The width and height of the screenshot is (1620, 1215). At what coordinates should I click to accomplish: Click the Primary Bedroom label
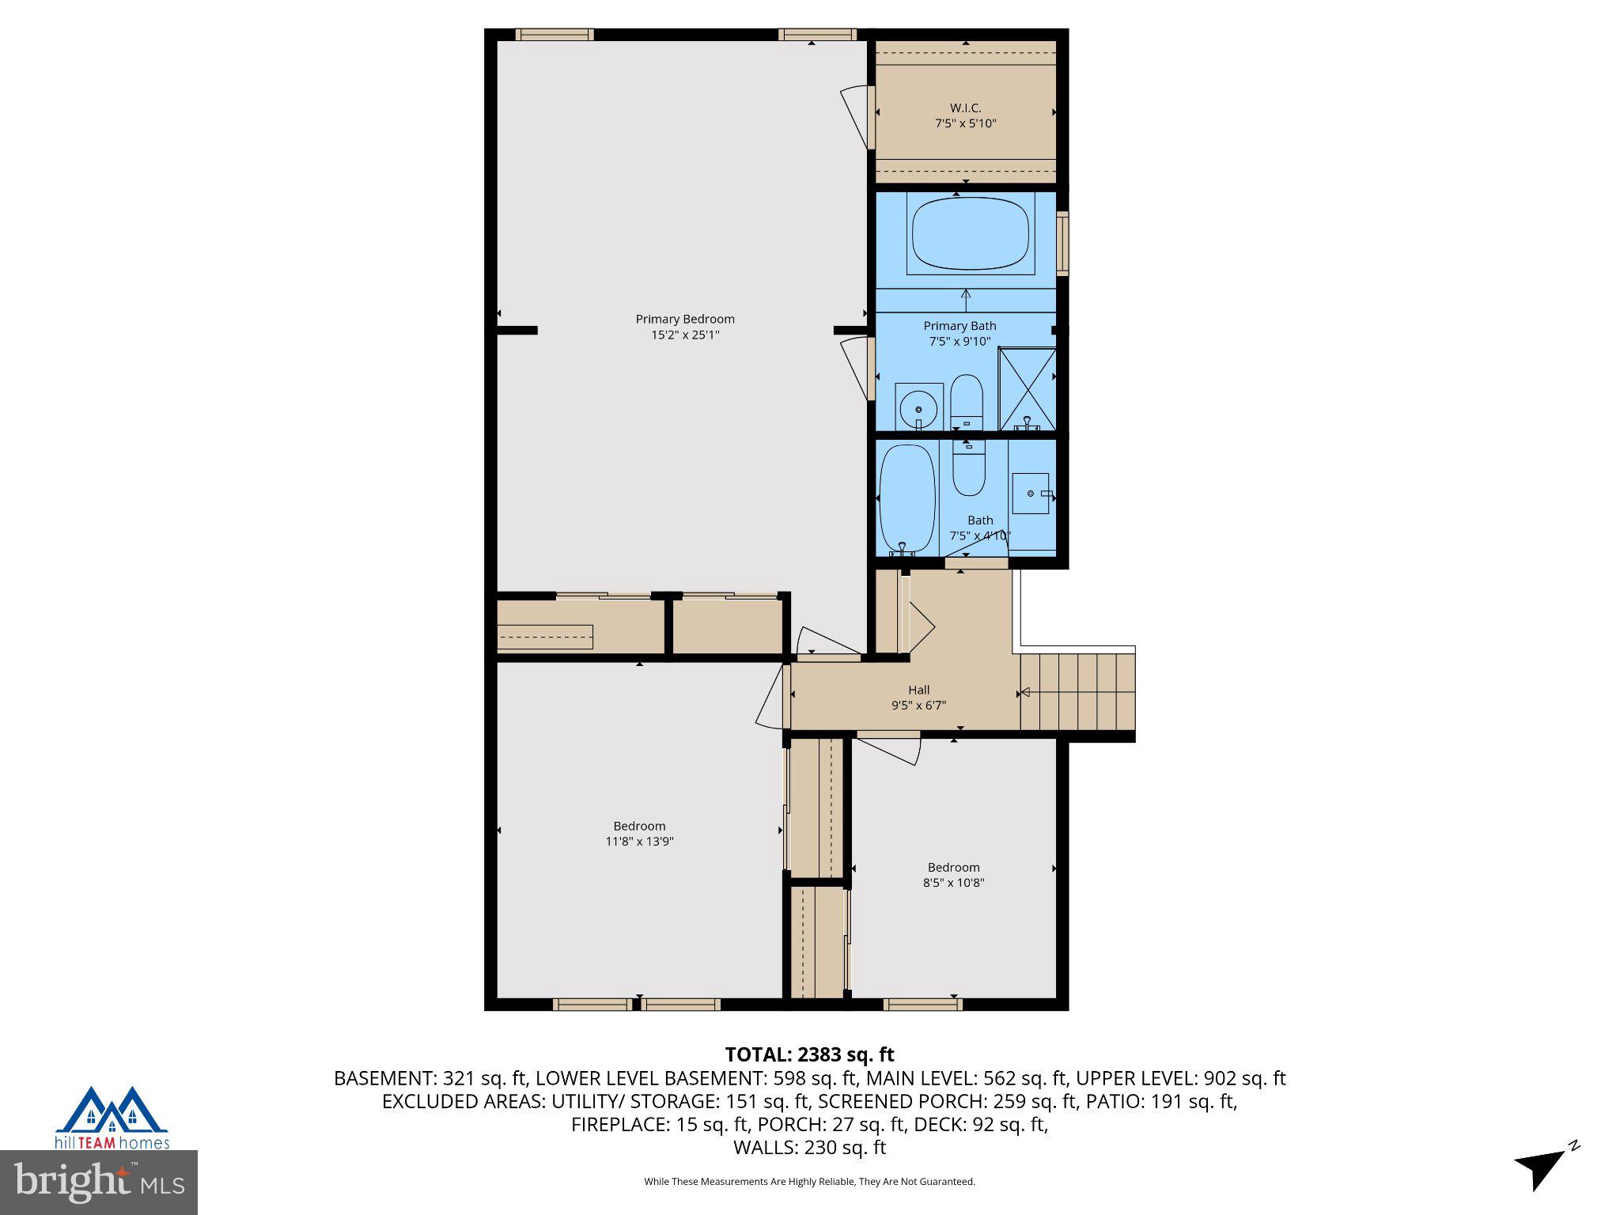pos(684,319)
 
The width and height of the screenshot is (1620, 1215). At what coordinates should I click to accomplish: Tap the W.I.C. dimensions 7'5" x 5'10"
pos(965,123)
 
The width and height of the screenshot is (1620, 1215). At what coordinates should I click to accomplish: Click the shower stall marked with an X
pos(1027,388)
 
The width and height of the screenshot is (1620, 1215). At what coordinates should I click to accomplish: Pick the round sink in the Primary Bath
pos(918,407)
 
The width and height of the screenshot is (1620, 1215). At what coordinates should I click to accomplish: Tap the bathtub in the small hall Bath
pos(907,498)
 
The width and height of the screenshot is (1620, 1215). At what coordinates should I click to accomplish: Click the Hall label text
pos(918,690)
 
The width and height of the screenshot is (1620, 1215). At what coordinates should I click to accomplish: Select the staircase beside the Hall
pos(1077,691)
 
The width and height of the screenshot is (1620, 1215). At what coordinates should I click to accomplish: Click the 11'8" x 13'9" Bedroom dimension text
pos(639,842)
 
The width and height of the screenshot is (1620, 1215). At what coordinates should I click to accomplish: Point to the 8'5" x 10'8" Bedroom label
pos(953,868)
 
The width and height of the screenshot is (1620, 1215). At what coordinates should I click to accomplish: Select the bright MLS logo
pos(98,1182)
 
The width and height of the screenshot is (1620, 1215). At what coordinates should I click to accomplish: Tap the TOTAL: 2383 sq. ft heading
pos(809,1054)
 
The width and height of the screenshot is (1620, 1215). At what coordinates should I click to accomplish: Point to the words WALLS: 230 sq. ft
pos(809,1147)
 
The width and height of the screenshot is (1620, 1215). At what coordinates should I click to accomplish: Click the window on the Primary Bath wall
pos(1064,243)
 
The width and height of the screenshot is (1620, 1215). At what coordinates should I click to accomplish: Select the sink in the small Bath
pos(1031,494)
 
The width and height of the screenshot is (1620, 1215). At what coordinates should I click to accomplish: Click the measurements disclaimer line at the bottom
pos(809,1182)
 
